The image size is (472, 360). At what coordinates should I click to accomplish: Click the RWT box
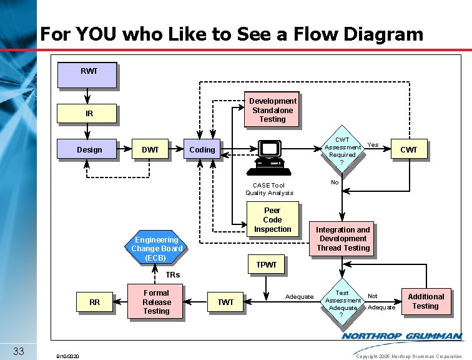[87, 74]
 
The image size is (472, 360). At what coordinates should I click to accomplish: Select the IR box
[87, 114]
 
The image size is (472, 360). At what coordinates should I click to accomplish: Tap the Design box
[88, 150]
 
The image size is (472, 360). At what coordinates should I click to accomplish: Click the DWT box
[150, 150]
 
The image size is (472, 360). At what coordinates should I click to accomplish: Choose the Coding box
[202, 150]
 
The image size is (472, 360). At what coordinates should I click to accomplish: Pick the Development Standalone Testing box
[272, 110]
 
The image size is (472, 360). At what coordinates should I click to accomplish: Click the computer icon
[270, 157]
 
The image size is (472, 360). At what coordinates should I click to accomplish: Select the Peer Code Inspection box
[272, 220]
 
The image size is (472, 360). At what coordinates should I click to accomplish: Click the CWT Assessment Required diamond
[342, 151]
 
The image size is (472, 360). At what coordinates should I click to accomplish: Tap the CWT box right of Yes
[408, 150]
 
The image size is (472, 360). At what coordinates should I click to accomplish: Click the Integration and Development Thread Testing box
[343, 239]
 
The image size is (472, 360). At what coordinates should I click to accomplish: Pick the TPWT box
[267, 265]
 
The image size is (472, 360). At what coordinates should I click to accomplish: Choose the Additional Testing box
[425, 302]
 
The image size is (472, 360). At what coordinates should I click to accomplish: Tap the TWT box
[225, 302]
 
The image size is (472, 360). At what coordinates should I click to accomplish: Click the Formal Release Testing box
[156, 302]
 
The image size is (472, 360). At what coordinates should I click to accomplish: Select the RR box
[94, 302]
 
